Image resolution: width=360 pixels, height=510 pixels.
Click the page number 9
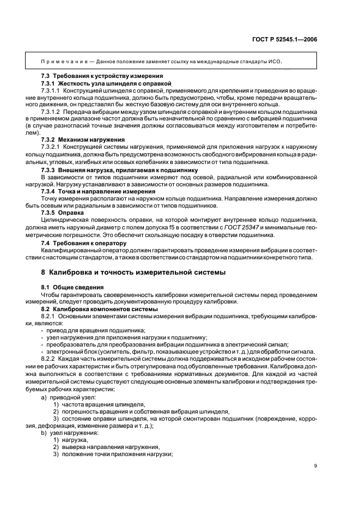tap(316, 465)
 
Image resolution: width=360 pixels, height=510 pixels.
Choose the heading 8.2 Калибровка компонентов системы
tap(99, 309)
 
